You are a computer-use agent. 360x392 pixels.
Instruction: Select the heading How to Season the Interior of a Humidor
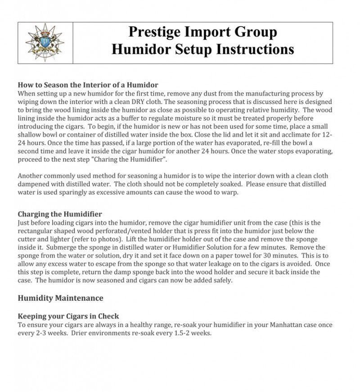click(88, 85)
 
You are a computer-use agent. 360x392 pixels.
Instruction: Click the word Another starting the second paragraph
click(31, 176)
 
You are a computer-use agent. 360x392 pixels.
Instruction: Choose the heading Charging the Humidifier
click(60, 214)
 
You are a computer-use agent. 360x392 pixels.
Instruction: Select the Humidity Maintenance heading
click(60, 298)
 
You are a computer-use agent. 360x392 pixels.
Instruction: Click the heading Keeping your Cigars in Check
click(68, 316)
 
